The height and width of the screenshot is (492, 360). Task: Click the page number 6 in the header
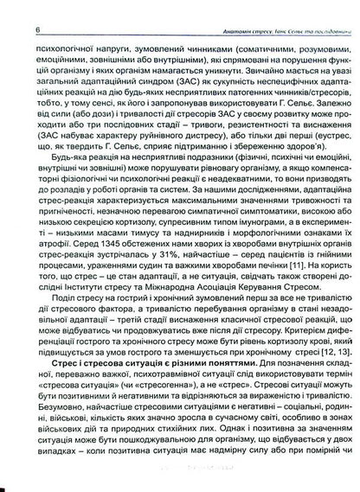(15, 9)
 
